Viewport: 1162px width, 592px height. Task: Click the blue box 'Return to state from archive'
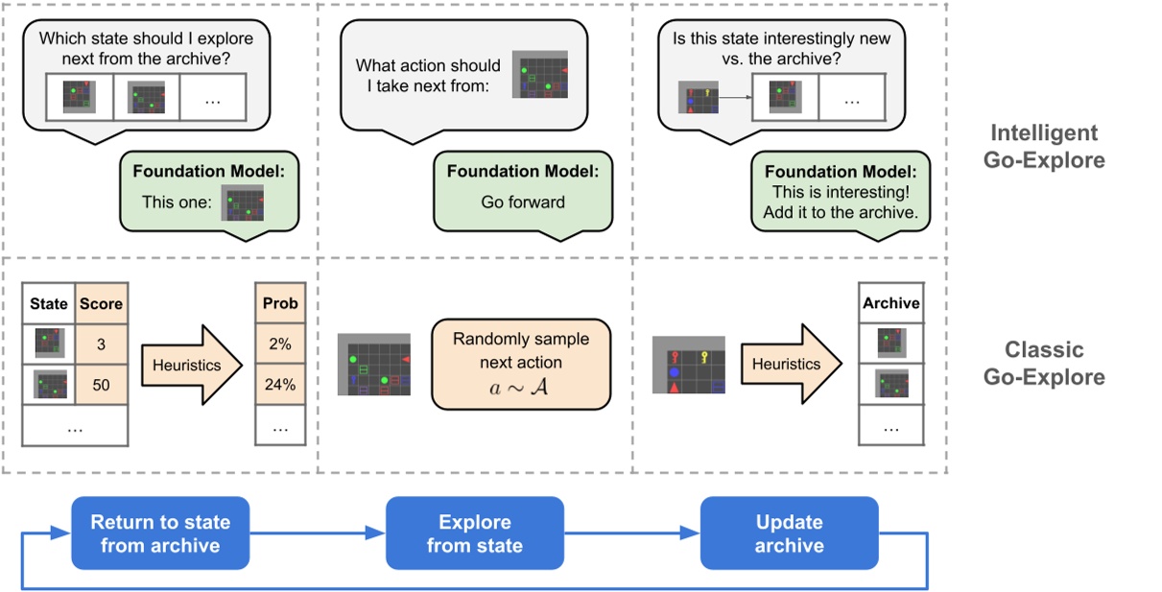point(160,533)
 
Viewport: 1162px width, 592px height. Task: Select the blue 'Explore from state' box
point(474,533)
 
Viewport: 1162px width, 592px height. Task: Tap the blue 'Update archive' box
point(789,533)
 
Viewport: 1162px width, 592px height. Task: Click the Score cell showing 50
point(102,386)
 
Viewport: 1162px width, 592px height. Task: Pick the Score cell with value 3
point(102,343)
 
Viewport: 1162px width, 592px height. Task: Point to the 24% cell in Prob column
point(280,386)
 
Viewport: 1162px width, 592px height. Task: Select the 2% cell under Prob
point(280,343)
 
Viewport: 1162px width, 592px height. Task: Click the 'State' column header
point(49,304)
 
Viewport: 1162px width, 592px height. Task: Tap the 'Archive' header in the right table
point(891,303)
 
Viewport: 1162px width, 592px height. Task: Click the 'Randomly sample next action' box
point(520,365)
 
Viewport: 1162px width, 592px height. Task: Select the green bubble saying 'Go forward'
point(522,191)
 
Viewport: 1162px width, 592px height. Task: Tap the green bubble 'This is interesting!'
point(841,192)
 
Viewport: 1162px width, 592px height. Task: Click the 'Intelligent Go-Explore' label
point(1043,146)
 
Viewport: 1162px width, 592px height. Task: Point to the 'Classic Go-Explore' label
point(1043,363)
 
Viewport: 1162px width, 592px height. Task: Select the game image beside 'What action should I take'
point(540,75)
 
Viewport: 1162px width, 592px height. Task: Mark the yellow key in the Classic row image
point(706,359)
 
